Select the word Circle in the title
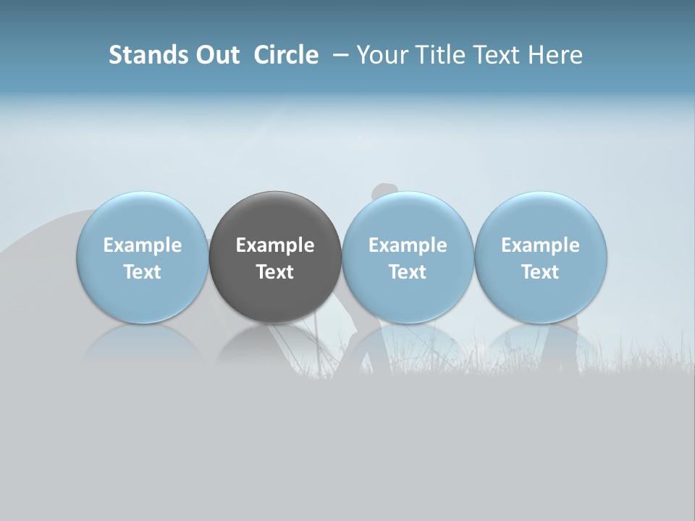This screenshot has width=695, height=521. (x=286, y=55)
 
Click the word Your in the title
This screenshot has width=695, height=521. (x=380, y=55)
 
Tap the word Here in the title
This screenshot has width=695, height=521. (x=557, y=55)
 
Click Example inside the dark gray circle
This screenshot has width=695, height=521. (x=275, y=245)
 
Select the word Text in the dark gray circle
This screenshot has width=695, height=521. (x=275, y=272)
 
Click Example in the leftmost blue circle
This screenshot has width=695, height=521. (x=143, y=245)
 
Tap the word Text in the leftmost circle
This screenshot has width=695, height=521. (x=143, y=272)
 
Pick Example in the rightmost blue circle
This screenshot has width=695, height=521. (x=541, y=245)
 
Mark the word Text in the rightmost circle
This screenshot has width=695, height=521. (x=541, y=272)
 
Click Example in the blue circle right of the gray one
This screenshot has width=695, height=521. (x=408, y=245)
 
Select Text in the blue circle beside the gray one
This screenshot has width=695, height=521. (x=408, y=272)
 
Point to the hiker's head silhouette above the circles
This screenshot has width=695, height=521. (x=384, y=192)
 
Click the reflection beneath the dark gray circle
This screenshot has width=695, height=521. (x=275, y=343)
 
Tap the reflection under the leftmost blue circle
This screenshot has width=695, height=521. (x=143, y=343)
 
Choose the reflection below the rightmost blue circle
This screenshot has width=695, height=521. (x=541, y=343)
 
